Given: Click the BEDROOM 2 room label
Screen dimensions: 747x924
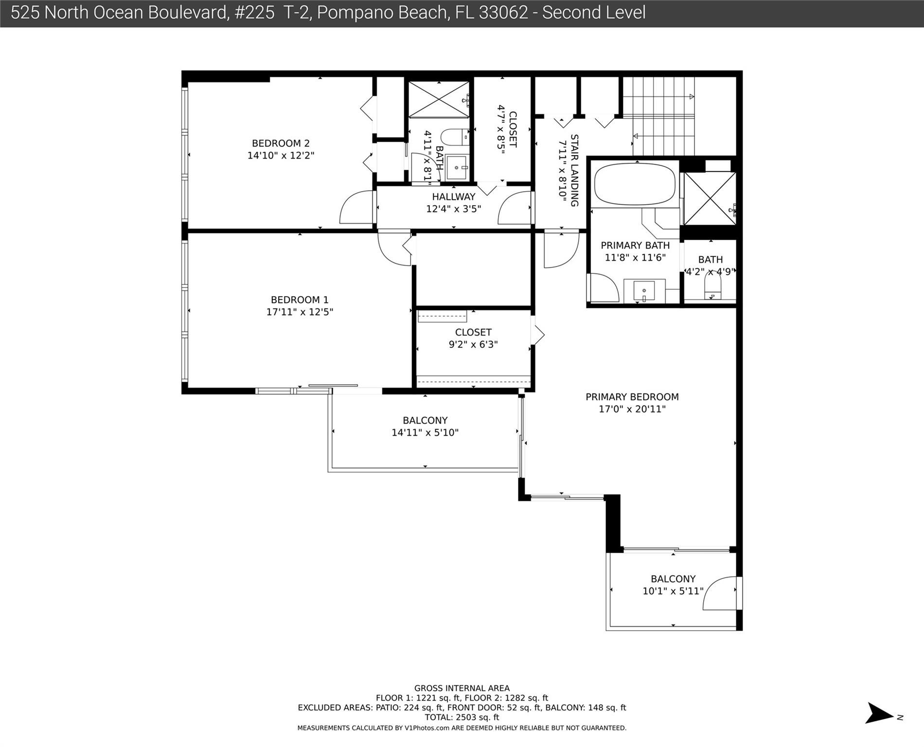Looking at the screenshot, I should point(281,143).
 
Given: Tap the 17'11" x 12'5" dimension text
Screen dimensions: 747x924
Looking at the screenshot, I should point(300,312).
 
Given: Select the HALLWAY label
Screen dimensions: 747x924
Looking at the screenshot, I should point(453,197).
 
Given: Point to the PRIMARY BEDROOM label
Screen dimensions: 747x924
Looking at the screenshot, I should point(632,397).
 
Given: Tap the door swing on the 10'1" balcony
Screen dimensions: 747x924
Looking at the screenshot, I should point(720,593).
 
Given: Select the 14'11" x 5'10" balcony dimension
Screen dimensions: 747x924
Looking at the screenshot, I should point(425,432).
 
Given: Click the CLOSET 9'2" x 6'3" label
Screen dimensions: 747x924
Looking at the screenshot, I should point(473,333).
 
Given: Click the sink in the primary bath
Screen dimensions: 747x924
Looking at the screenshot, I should point(644,291).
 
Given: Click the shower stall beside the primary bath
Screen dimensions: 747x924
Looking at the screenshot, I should point(710,198).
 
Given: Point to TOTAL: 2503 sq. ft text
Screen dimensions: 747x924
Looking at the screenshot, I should point(462,717).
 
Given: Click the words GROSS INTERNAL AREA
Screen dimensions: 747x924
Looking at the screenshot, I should point(462,688).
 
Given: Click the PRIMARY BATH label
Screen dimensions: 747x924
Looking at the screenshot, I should point(635,246).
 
